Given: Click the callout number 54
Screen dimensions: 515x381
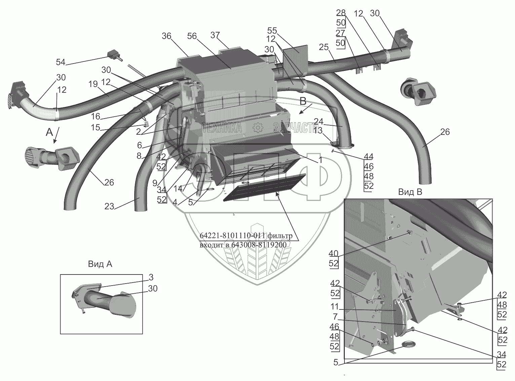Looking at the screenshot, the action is [61, 62].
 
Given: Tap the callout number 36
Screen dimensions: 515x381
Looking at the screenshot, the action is [167, 36].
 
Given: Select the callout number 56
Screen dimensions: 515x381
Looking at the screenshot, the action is [192, 36].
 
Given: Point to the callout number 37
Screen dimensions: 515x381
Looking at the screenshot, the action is [215, 35].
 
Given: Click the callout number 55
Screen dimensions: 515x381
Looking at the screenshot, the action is [272, 31].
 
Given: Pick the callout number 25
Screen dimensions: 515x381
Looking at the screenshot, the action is [324, 47].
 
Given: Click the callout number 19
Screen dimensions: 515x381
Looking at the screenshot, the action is [93, 84].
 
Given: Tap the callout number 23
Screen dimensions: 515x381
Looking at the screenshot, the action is [109, 206].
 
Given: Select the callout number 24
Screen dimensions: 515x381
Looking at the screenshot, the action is [319, 121].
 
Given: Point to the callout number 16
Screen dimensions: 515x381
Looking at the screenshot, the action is [96, 116].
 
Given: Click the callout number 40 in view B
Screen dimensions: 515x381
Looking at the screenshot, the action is [333, 253].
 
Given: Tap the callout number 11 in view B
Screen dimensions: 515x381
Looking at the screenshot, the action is [335, 306].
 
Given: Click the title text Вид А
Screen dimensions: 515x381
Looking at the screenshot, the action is [100, 264].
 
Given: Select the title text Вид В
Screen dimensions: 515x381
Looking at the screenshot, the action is [410, 192].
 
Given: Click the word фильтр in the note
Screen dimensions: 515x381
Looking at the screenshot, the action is [280, 236].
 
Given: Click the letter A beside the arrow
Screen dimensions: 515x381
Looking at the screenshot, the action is [49, 132].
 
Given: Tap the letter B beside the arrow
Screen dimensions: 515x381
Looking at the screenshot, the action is [303, 101].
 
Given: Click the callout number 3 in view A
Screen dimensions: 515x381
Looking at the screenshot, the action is [151, 277].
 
